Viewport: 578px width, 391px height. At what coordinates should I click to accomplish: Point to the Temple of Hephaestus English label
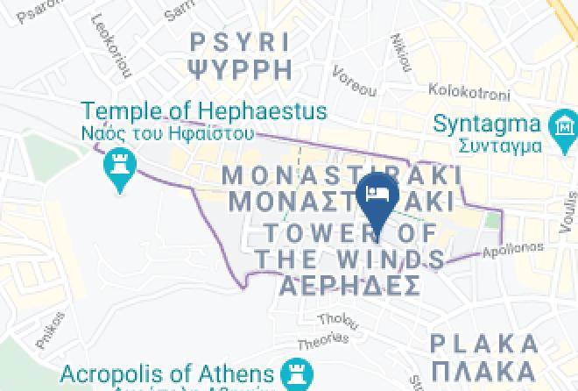(205, 112)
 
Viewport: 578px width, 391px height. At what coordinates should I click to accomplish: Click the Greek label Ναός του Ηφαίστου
(167, 134)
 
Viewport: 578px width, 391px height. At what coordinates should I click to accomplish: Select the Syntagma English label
(490, 123)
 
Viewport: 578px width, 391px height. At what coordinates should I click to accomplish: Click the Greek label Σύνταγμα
(490, 142)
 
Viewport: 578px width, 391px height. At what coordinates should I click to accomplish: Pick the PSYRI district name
(239, 41)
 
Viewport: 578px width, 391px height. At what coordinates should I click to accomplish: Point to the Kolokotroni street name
(462, 89)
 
